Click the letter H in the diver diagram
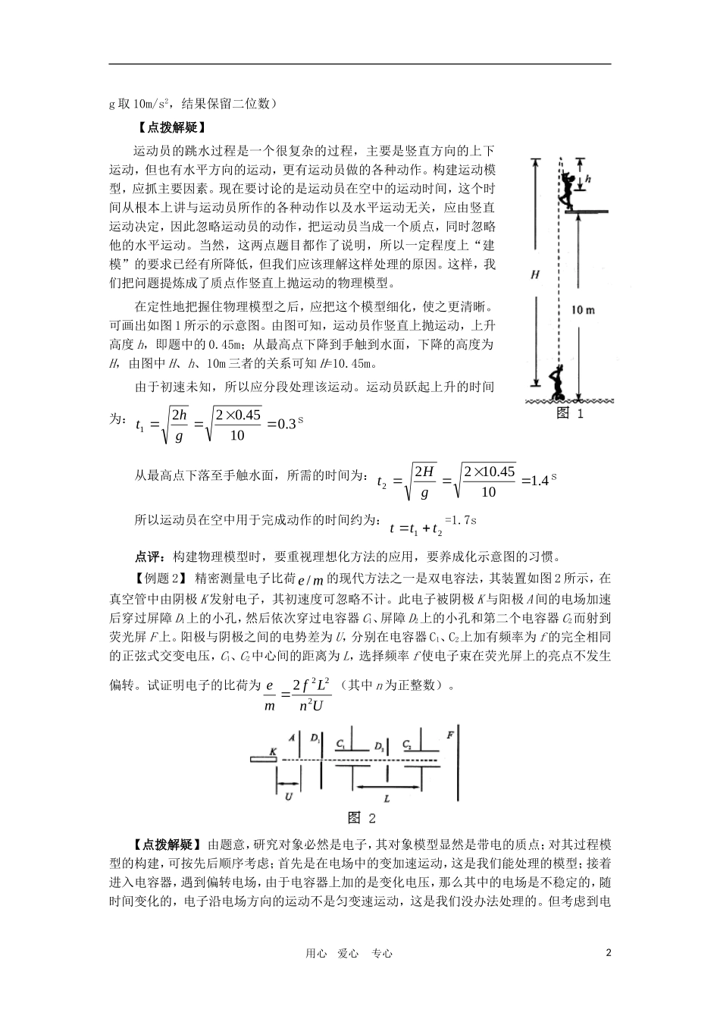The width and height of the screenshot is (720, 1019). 535,277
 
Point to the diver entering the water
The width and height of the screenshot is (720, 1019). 558,382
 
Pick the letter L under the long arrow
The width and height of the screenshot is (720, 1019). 387,799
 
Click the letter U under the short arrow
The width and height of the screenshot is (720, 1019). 288,797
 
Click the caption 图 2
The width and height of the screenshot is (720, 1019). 362,817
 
